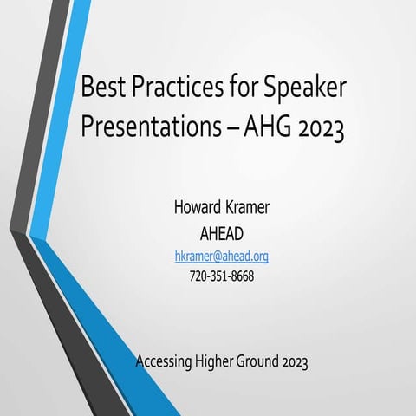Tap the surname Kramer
pos(252,209)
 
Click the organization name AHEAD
pos(221,233)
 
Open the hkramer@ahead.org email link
pos(221,257)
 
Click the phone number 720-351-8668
pos(221,277)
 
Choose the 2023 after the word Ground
pos(295,361)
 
